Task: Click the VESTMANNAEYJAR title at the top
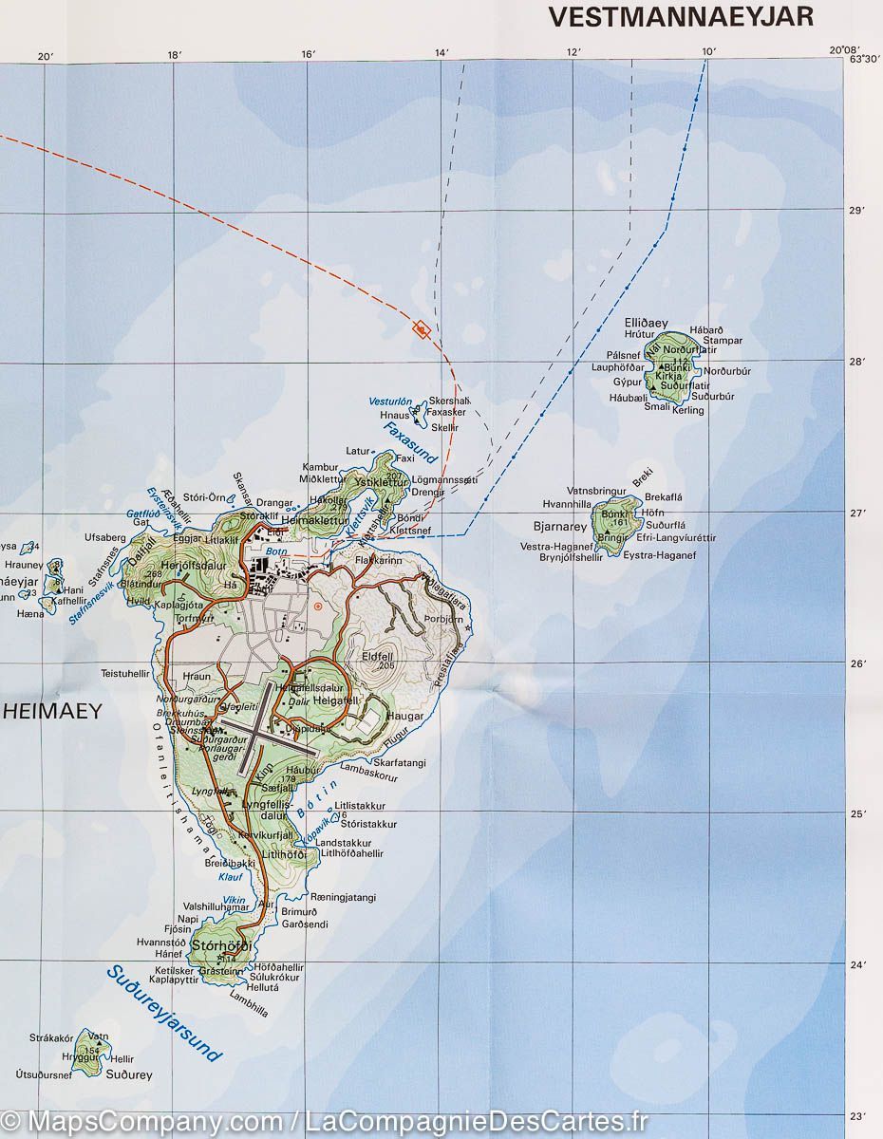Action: (681, 16)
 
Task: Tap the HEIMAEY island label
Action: (51, 710)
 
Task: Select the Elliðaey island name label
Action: (647, 323)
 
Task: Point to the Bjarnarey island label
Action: (561, 525)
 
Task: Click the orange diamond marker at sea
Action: (421, 329)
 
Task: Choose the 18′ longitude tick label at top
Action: (174, 56)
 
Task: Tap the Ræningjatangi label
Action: (343, 897)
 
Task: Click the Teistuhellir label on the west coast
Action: (125, 673)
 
